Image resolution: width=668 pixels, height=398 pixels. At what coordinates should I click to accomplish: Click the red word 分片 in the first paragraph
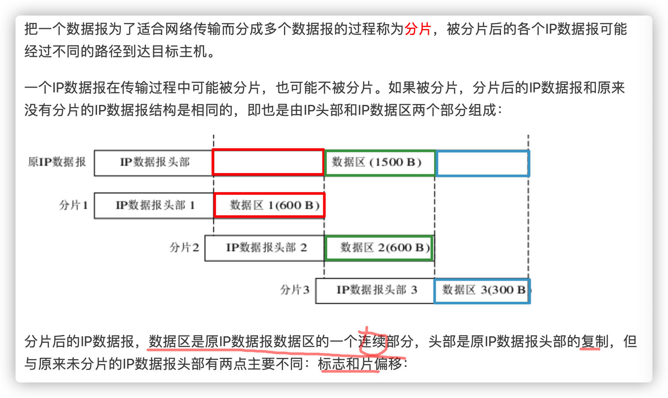click(418, 29)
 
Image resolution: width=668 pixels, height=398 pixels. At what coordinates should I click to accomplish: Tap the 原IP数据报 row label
click(57, 162)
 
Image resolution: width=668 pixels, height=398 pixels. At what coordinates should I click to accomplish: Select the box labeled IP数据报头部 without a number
click(154, 162)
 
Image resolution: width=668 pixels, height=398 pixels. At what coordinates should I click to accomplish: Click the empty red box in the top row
click(268, 162)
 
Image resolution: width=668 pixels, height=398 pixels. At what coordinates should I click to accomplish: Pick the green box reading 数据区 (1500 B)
click(379, 162)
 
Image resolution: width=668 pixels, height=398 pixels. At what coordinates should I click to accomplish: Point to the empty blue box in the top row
click(482, 163)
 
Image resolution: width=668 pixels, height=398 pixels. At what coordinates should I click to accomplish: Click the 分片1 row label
click(73, 205)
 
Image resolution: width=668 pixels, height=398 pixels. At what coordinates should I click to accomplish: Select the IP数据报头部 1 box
click(154, 205)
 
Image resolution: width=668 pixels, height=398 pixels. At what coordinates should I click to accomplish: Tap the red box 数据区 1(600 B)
click(269, 205)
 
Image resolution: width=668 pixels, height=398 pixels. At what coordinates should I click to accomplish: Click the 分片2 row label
click(184, 247)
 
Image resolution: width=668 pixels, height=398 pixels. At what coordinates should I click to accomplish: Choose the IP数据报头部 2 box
click(265, 248)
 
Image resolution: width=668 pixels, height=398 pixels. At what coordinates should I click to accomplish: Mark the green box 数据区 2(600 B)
click(379, 248)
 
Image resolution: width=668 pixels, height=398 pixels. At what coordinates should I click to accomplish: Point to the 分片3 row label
click(295, 290)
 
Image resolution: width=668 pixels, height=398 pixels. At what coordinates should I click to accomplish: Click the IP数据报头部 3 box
click(375, 290)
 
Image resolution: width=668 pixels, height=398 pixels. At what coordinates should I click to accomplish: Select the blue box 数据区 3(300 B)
click(482, 290)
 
